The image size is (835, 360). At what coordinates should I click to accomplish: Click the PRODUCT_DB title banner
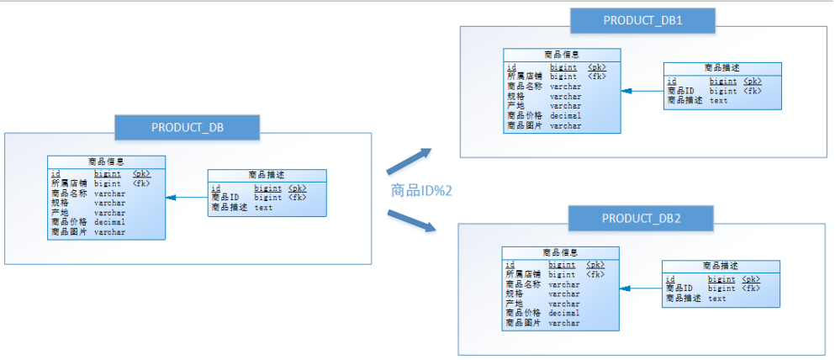pyautogui.click(x=188, y=128)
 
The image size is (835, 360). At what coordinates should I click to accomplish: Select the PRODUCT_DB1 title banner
pyautogui.click(x=642, y=20)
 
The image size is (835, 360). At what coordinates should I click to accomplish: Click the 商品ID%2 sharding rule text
pyautogui.click(x=422, y=191)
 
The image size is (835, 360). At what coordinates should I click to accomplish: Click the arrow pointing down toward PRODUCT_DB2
pyautogui.click(x=411, y=220)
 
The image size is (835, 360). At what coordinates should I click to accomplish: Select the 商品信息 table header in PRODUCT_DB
pyautogui.click(x=106, y=161)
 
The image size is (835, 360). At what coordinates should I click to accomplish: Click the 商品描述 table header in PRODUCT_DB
pyautogui.click(x=267, y=175)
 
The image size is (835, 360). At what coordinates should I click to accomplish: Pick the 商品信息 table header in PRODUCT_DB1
pyautogui.click(x=562, y=54)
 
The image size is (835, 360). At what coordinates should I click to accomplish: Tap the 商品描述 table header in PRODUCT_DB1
pyautogui.click(x=722, y=67)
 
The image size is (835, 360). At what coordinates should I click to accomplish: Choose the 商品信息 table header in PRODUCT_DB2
pyautogui.click(x=560, y=251)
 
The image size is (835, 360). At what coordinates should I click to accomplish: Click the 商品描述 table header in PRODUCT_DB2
pyautogui.click(x=721, y=266)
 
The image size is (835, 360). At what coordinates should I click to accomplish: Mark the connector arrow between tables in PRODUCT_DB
pyautogui.click(x=186, y=198)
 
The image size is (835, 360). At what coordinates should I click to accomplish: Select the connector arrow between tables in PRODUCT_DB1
pyautogui.click(x=642, y=91)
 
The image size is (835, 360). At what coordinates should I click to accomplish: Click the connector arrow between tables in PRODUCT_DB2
pyautogui.click(x=640, y=289)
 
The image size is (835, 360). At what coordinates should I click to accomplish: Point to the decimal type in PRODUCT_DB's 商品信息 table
pyautogui.click(x=109, y=222)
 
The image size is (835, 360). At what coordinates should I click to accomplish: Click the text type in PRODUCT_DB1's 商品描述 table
pyautogui.click(x=718, y=100)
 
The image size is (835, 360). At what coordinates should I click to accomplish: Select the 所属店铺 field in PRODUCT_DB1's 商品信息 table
pyautogui.click(x=522, y=76)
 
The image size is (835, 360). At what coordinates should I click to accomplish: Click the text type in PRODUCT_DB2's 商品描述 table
pyautogui.click(x=716, y=298)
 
